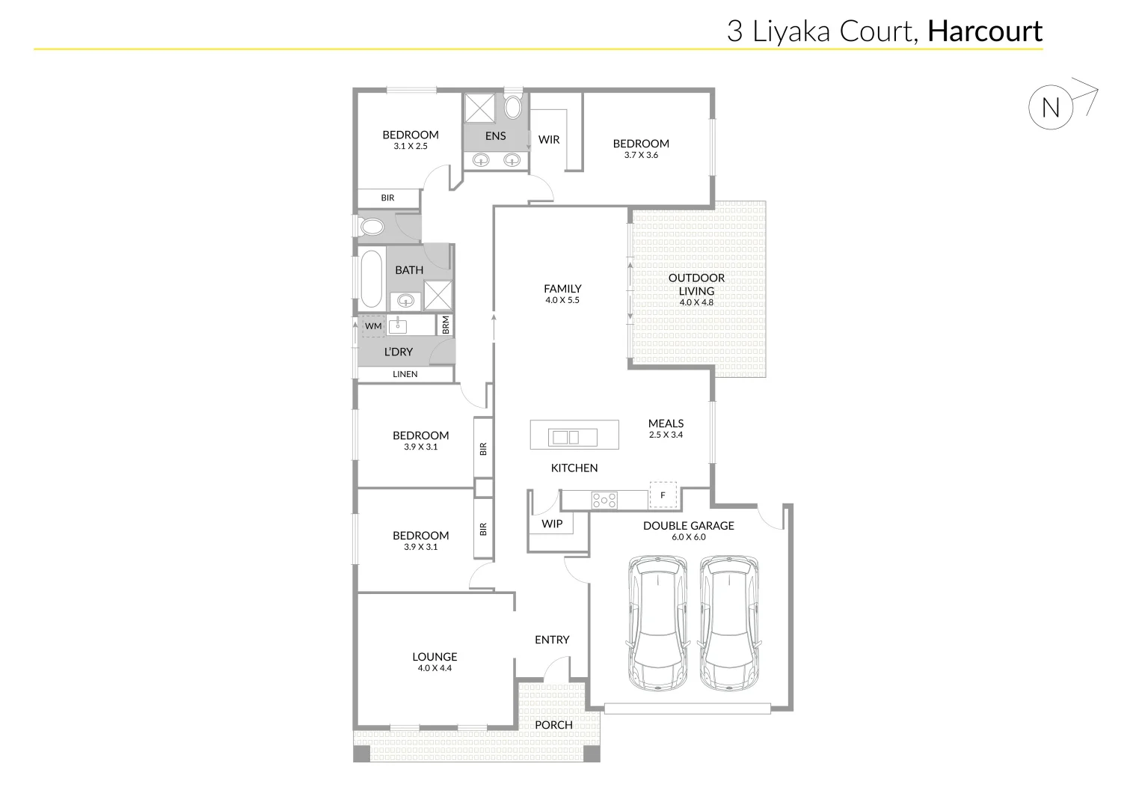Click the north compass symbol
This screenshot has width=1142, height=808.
(x=1051, y=108)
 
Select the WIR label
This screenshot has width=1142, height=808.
(x=549, y=139)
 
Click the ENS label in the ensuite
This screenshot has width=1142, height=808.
(x=495, y=135)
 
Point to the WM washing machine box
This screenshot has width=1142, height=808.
(x=373, y=326)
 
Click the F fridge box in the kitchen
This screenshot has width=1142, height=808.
(x=663, y=495)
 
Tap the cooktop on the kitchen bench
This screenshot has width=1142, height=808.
(x=604, y=500)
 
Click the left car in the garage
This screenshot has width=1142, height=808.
(x=658, y=622)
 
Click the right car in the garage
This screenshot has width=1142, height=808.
(x=729, y=622)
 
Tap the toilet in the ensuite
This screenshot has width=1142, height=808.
(x=513, y=106)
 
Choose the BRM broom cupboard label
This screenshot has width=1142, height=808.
(x=446, y=325)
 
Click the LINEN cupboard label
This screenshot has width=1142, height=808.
(x=405, y=374)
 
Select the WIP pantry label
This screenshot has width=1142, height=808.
(x=552, y=524)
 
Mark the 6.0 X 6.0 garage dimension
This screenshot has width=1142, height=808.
(x=688, y=537)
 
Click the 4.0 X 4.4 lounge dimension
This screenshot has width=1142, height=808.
(x=435, y=668)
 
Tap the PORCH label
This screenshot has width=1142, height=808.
(x=553, y=724)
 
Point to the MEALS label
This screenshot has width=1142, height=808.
(x=666, y=423)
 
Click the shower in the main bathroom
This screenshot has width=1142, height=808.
(x=438, y=295)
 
